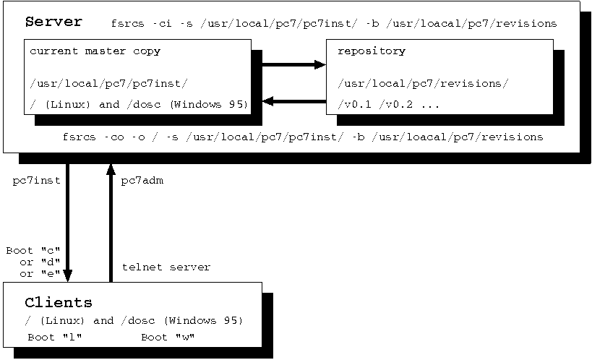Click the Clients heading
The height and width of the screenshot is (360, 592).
pyautogui.click(x=59, y=302)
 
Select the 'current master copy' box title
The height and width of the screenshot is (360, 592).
pyautogui.click(x=95, y=51)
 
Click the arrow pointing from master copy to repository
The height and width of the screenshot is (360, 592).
pyautogui.click(x=293, y=65)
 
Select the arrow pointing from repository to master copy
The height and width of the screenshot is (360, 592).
pyautogui.click(x=293, y=100)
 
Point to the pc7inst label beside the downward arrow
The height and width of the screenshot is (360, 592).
pyautogui.click(x=36, y=180)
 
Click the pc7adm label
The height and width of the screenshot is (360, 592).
pyautogui.click(x=142, y=180)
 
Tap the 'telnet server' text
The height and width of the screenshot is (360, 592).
pyautogui.click(x=166, y=267)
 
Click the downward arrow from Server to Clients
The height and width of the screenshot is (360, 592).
pyautogui.click(x=68, y=224)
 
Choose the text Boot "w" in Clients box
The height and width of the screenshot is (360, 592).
pyautogui.click(x=168, y=338)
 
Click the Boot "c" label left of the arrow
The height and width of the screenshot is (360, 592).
pyautogui.click(x=33, y=251)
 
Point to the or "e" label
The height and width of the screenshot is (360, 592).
pyautogui.click(x=39, y=274)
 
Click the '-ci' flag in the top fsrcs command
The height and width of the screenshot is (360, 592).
pyautogui.click(x=163, y=24)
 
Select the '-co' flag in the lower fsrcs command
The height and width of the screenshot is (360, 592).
pyautogui.click(x=112, y=137)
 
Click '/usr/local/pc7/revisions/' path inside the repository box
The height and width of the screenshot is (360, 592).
pyautogui.click(x=423, y=84)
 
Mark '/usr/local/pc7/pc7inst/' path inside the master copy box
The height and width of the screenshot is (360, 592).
pyautogui.click(x=109, y=84)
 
